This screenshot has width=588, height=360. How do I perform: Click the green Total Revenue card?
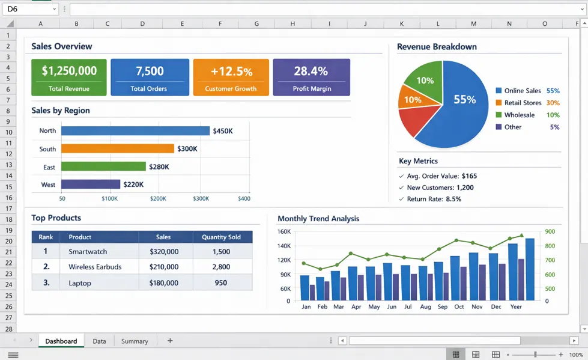69,77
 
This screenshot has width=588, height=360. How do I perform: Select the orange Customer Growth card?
231,77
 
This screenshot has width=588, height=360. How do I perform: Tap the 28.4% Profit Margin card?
311,77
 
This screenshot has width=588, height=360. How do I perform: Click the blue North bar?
135,131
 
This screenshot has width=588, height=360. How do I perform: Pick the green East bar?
103,166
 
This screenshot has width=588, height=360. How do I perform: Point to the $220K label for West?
133,185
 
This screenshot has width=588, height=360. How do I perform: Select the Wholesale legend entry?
519,115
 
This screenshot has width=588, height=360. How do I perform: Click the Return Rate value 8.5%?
453,199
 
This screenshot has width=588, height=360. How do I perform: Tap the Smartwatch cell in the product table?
88,252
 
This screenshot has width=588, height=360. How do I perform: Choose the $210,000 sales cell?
163,267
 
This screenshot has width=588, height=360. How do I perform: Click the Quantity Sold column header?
221,237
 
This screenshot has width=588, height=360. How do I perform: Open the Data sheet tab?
99,341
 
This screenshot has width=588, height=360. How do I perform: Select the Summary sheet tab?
135,341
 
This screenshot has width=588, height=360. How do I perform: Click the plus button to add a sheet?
170,341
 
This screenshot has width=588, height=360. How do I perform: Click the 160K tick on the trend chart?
283,231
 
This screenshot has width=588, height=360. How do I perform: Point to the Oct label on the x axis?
459,307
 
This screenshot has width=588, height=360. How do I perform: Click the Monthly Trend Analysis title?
318,219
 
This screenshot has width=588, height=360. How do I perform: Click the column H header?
292,23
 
